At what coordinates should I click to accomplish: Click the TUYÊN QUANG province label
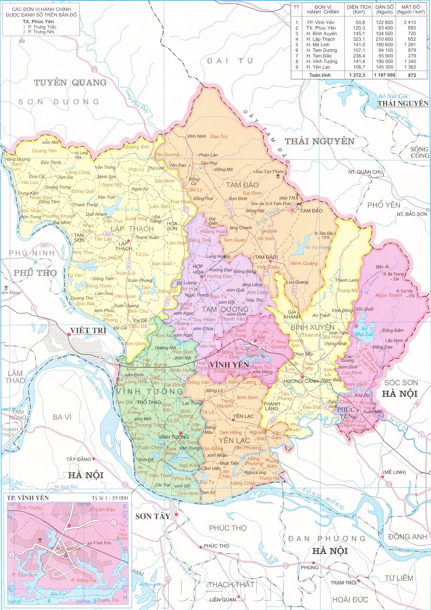pos(70,83)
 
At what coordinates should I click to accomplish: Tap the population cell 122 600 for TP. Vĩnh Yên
pos(384,22)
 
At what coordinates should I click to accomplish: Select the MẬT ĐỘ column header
pos(411,9)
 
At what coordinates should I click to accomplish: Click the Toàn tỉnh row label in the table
pos(320,75)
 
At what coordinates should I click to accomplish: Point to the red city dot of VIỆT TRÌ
pos(68,334)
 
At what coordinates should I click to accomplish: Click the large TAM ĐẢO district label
pos(242,185)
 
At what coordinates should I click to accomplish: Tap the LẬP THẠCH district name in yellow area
pos(132,229)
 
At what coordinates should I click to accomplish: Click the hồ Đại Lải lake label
pos(365,331)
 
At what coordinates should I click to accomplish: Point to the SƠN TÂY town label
pos(153,516)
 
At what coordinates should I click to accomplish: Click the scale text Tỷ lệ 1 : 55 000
pos(110,498)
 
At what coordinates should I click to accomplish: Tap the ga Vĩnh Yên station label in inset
pos(99,543)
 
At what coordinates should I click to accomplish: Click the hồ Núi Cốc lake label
pos(394,96)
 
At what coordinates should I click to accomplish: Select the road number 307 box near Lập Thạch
pos(108,234)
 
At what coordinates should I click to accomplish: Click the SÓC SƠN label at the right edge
pos(401,383)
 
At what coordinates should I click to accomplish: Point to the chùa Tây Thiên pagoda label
pos(268,172)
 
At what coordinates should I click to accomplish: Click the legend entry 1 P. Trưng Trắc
pos(40,27)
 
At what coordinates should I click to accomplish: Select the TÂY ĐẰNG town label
pos(79,459)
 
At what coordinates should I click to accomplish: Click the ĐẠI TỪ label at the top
pos(230,61)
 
